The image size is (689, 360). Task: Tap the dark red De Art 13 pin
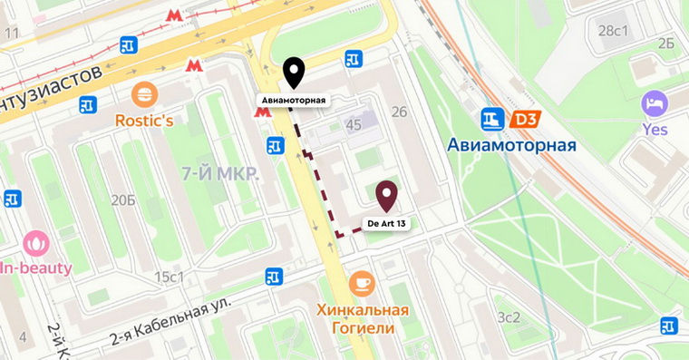tap(387, 194)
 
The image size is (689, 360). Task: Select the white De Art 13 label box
tap(387, 222)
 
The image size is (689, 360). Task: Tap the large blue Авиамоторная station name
tap(511, 145)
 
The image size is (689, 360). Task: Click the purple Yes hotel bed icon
tap(654, 102)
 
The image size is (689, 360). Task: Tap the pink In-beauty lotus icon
tap(37, 243)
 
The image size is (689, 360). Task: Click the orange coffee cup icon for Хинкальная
tap(362, 283)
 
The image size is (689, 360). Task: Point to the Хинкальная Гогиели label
tap(362, 318)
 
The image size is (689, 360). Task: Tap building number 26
tap(399, 112)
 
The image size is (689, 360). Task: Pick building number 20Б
tap(123, 199)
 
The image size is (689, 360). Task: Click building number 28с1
tap(614, 31)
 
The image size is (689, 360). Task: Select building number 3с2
tap(509, 316)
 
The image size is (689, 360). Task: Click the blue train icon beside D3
tap(492, 119)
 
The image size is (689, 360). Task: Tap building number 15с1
tap(169, 277)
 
